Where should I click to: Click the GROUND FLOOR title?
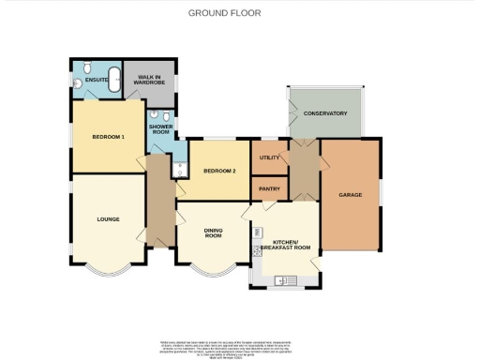point(225,13)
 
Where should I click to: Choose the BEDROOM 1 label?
point(108,137)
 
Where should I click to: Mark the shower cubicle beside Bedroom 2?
point(178,170)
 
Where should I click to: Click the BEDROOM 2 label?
point(218,171)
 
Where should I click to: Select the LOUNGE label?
point(108,219)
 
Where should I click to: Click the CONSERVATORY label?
point(325,113)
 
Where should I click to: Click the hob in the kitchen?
point(256,249)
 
